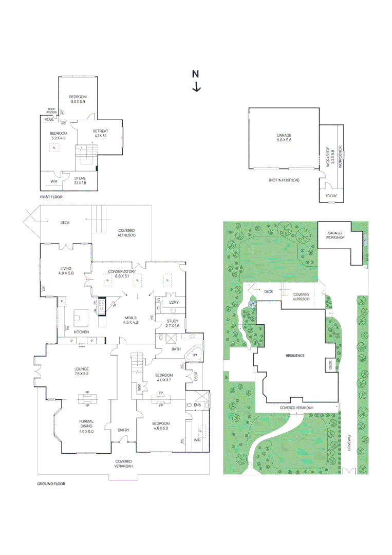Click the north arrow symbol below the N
click(196, 87)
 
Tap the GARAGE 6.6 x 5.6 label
click(284, 138)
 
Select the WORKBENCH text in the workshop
click(340, 153)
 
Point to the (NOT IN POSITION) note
click(284, 180)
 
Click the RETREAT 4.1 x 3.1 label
click(100, 134)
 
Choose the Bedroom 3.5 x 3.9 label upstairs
click(78, 100)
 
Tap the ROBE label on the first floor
click(49, 119)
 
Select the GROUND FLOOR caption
click(51, 484)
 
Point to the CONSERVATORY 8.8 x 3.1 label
click(121, 274)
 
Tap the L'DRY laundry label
click(174, 302)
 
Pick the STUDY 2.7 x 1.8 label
click(172, 323)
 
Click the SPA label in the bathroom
click(195, 355)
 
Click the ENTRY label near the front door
click(123, 430)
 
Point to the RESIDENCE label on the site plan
click(295, 356)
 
